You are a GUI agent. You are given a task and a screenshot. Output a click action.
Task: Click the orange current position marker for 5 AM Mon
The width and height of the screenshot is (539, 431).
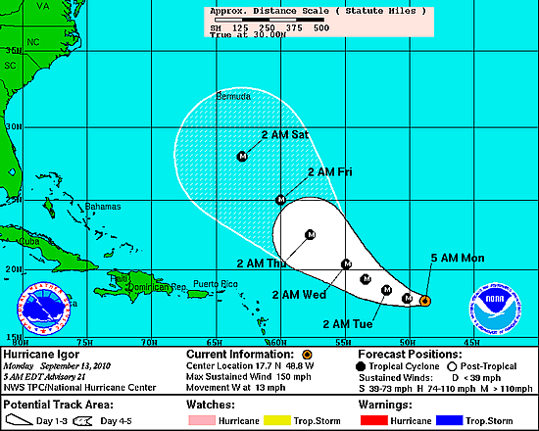click(424, 301)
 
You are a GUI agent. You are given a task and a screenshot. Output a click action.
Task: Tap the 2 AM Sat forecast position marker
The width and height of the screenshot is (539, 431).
click(243, 156)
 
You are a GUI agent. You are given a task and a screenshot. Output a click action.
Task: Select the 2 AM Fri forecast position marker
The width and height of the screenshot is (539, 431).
click(281, 199)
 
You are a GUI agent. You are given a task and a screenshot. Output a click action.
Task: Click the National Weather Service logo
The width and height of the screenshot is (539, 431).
click(44, 307)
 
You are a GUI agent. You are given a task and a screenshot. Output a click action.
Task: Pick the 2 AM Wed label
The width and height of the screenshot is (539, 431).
click(299, 294)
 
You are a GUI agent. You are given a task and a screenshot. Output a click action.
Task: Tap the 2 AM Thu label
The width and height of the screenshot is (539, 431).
click(262, 263)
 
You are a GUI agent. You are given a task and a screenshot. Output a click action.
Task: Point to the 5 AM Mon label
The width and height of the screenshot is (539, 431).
click(458, 258)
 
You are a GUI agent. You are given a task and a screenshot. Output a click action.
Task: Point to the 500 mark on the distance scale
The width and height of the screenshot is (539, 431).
click(319, 26)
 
